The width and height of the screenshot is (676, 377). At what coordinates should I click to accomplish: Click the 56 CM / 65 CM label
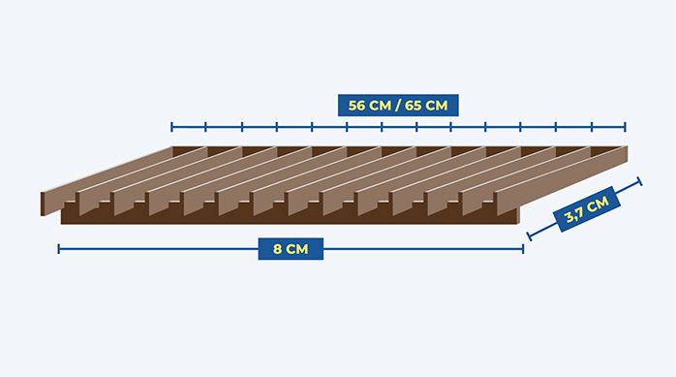click(x=398, y=106)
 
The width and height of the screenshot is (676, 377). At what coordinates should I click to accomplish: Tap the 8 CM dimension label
click(x=291, y=249)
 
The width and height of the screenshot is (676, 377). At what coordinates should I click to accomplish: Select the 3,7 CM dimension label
click(x=587, y=209)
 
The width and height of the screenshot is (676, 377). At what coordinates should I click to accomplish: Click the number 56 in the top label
click(x=357, y=106)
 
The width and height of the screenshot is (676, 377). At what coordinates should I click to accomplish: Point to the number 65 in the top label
click(x=413, y=106)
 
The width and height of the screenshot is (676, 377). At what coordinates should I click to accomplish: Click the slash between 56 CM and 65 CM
click(x=397, y=106)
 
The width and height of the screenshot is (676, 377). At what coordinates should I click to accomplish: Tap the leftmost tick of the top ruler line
click(x=171, y=127)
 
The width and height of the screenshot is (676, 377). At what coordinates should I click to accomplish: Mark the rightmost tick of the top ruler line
click(x=625, y=127)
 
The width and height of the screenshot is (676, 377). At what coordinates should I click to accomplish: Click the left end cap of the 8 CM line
click(x=59, y=249)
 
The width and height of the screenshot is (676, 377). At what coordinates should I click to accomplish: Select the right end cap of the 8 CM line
click(x=523, y=249)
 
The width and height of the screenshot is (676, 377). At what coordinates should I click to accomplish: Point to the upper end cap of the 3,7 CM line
click(x=639, y=181)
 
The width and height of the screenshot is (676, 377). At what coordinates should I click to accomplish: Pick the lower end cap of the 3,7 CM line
click(x=530, y=236)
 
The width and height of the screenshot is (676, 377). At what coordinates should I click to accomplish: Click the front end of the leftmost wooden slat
click(x=43, y=204)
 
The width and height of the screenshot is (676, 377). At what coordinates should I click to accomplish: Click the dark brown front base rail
click(x=290, y=216)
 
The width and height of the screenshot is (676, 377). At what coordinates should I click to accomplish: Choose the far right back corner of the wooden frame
click(x=628, y=146)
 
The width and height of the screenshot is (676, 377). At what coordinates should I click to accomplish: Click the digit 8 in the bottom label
click(x=277, y=249)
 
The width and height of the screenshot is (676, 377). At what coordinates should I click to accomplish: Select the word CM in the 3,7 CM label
click(x=597, y=204)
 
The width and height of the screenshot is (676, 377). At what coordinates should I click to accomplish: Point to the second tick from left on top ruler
click(x=205, y=127)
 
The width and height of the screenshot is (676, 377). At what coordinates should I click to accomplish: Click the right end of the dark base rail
click(x=519, y=216)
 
